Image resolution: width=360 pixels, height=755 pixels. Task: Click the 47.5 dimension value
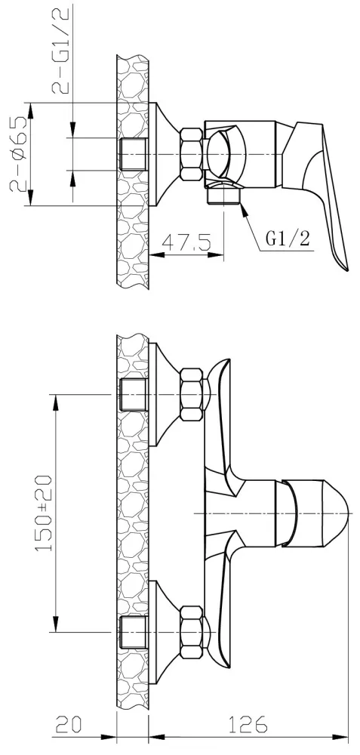tap(186, 242)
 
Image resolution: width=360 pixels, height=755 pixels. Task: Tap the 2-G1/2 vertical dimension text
tap(62, 50)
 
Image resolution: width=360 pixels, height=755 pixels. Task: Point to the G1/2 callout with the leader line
tap(288, 239)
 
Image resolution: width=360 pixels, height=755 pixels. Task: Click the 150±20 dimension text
tap(44, 513)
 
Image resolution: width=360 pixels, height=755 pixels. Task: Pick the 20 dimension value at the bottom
tap(69, 724)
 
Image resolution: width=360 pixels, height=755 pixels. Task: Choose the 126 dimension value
tap(248, 724)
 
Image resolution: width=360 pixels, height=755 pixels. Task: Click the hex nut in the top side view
tap(191, 155)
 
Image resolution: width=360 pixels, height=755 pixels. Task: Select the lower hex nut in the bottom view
tap(191, 632)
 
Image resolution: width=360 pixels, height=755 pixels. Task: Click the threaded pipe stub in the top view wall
tap(134, 155)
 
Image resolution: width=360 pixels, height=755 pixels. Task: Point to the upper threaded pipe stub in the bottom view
tap(134, 395)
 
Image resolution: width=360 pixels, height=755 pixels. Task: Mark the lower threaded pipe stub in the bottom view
tap(134, 632)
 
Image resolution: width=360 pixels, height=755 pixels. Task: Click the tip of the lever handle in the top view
tap(346, 268)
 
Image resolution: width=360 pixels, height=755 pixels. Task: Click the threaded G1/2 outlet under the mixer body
tap(224, 195)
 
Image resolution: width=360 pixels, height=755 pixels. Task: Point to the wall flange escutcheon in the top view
tap(164, 155)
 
